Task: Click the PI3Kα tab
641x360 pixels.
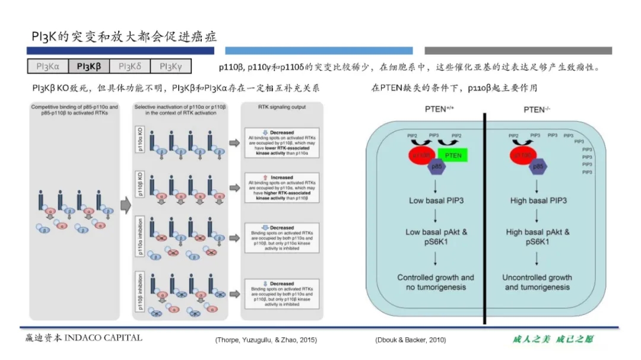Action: [48, 66]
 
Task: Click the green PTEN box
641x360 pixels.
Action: [453, 155]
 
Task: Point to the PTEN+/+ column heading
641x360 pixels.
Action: [436, 110]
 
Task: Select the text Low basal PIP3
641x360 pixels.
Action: [436, 200]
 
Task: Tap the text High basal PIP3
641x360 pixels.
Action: [538, 200]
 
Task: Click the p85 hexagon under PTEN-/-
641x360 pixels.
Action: [538, 167]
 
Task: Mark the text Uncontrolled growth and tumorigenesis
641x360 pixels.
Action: [537, 282]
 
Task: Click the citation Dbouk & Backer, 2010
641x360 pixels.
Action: [410, 340]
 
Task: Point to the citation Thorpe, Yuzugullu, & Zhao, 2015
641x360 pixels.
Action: [266, 340]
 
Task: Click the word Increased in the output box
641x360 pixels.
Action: [281, 177]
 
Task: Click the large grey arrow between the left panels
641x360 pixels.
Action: [125, 206]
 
